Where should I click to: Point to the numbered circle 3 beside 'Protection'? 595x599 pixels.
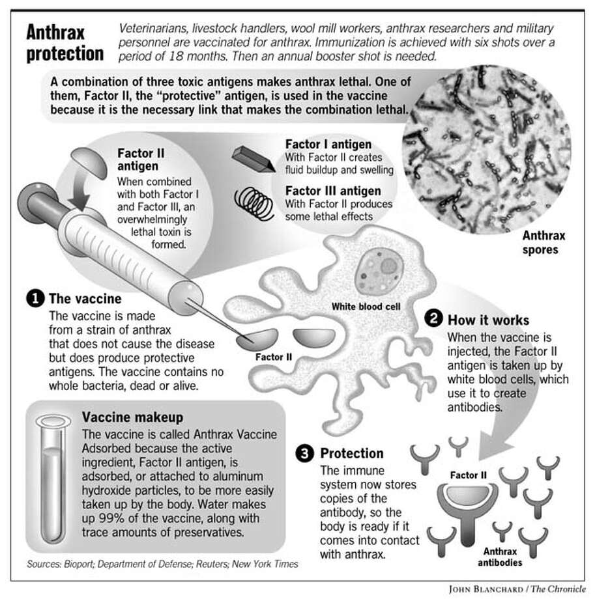point(304,453)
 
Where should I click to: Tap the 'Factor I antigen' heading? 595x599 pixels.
point(328,145)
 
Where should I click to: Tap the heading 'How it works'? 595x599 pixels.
point(487,320)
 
